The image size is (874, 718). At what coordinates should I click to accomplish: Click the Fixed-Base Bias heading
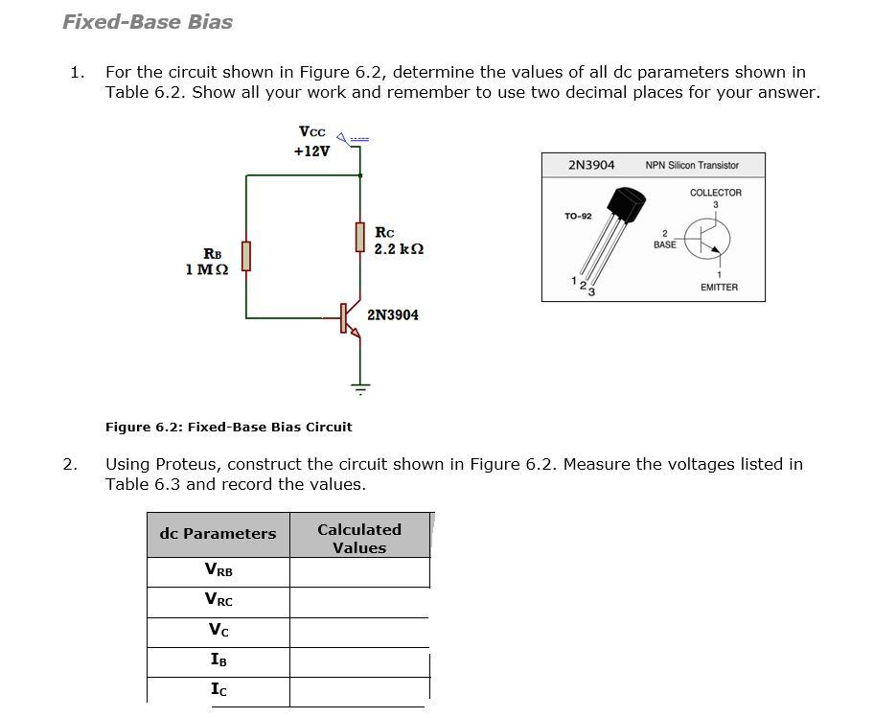(148, 22)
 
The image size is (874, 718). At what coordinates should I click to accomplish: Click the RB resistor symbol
(246, 257)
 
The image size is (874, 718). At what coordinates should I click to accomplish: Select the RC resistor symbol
(360, 236)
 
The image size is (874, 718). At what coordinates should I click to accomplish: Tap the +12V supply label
(311, 151)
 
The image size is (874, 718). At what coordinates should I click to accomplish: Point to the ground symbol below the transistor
(360, 388)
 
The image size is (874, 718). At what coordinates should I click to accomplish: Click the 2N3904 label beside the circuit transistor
(392, 314)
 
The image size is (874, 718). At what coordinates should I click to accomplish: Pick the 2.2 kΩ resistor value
(399, 249)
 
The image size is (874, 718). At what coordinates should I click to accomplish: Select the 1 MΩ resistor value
(207, 269)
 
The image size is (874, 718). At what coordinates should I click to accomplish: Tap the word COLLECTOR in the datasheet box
(715, 193)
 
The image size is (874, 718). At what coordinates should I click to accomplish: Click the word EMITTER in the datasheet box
(719, 288)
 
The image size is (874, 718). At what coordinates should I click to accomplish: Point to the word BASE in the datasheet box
(664, 244)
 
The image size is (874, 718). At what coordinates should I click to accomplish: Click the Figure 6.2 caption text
(228, 427)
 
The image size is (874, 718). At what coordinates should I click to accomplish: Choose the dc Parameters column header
(218, 534)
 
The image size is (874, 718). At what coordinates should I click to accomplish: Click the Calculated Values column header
(359, 538)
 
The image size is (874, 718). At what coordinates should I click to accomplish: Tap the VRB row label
(218, 570)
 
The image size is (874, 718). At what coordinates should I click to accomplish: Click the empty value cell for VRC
(359, 601)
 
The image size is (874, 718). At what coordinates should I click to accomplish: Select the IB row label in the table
(218, 660)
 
